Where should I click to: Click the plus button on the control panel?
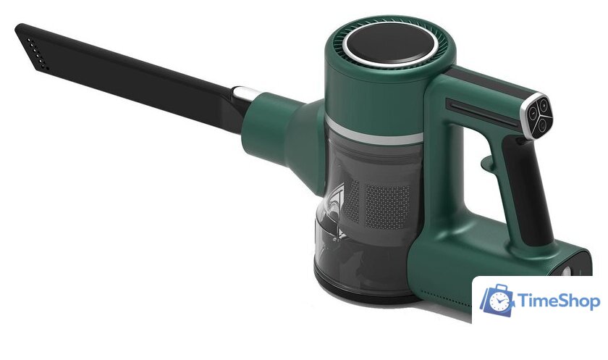[544, 104]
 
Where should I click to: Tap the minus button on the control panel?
[533, 113]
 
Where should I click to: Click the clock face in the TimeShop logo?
[499, 301]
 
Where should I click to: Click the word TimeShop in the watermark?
[559, 301]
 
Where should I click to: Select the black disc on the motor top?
[392, 43]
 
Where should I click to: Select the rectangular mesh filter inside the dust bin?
[388, 206]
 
